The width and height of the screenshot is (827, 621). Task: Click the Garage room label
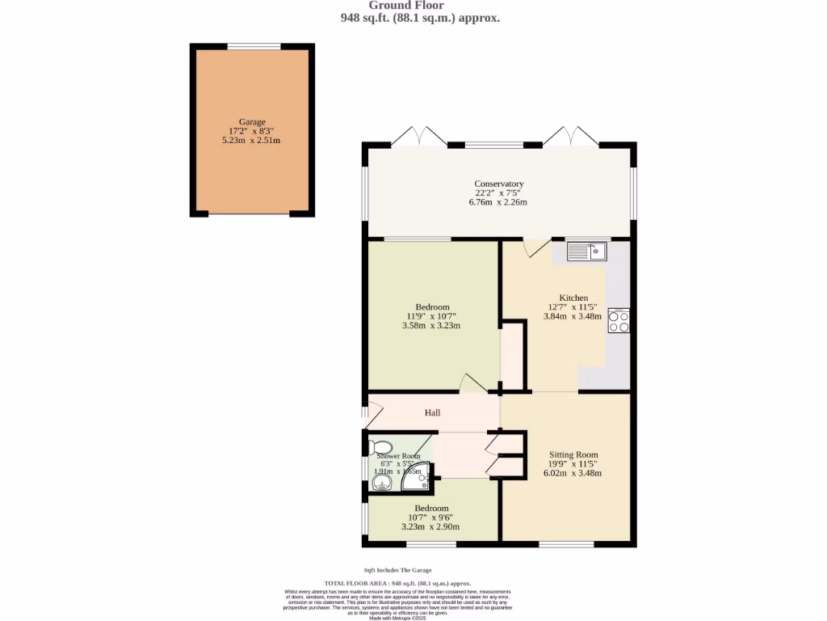pyautogui.click(x=252, y=122)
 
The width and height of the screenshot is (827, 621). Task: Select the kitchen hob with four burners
pyautogui.click(x=619, y=321)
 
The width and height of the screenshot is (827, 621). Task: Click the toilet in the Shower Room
pyautogui.click(x=380, y=447)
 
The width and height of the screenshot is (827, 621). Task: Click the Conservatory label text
pyautogui.click(x=498, y=184)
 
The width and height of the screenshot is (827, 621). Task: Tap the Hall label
pyautogui.click(x=433, y=413)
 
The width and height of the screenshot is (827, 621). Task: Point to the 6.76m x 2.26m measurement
pyautogui.click(x=498, y=202)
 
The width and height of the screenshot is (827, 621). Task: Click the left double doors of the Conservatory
pyautogui.click(x=425, y=136)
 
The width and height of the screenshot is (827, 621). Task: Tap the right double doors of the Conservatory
pyautogui.click(x=570, y=136)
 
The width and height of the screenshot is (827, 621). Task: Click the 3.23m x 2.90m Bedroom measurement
pyautogui.click(x=430, y=526)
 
